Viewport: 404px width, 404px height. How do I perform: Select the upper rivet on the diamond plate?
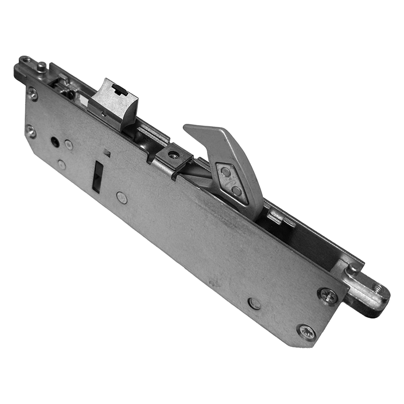(x=226, y=172)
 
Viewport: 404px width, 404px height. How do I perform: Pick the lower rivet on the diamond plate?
(x=236, y=190)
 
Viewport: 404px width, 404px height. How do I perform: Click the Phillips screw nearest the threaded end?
(x=328, y=295)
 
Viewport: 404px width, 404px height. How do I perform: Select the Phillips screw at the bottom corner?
(x=307, y=332)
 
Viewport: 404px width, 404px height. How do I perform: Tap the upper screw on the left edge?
(x=32, y=93)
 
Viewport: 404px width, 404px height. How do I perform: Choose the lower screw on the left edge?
(x=31, y=131)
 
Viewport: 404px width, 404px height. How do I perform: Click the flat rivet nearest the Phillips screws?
(x=255, y=303)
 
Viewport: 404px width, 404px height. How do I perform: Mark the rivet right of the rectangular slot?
(x=122, y=197)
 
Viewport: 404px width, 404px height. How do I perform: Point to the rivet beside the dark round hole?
(x=69, y=145)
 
